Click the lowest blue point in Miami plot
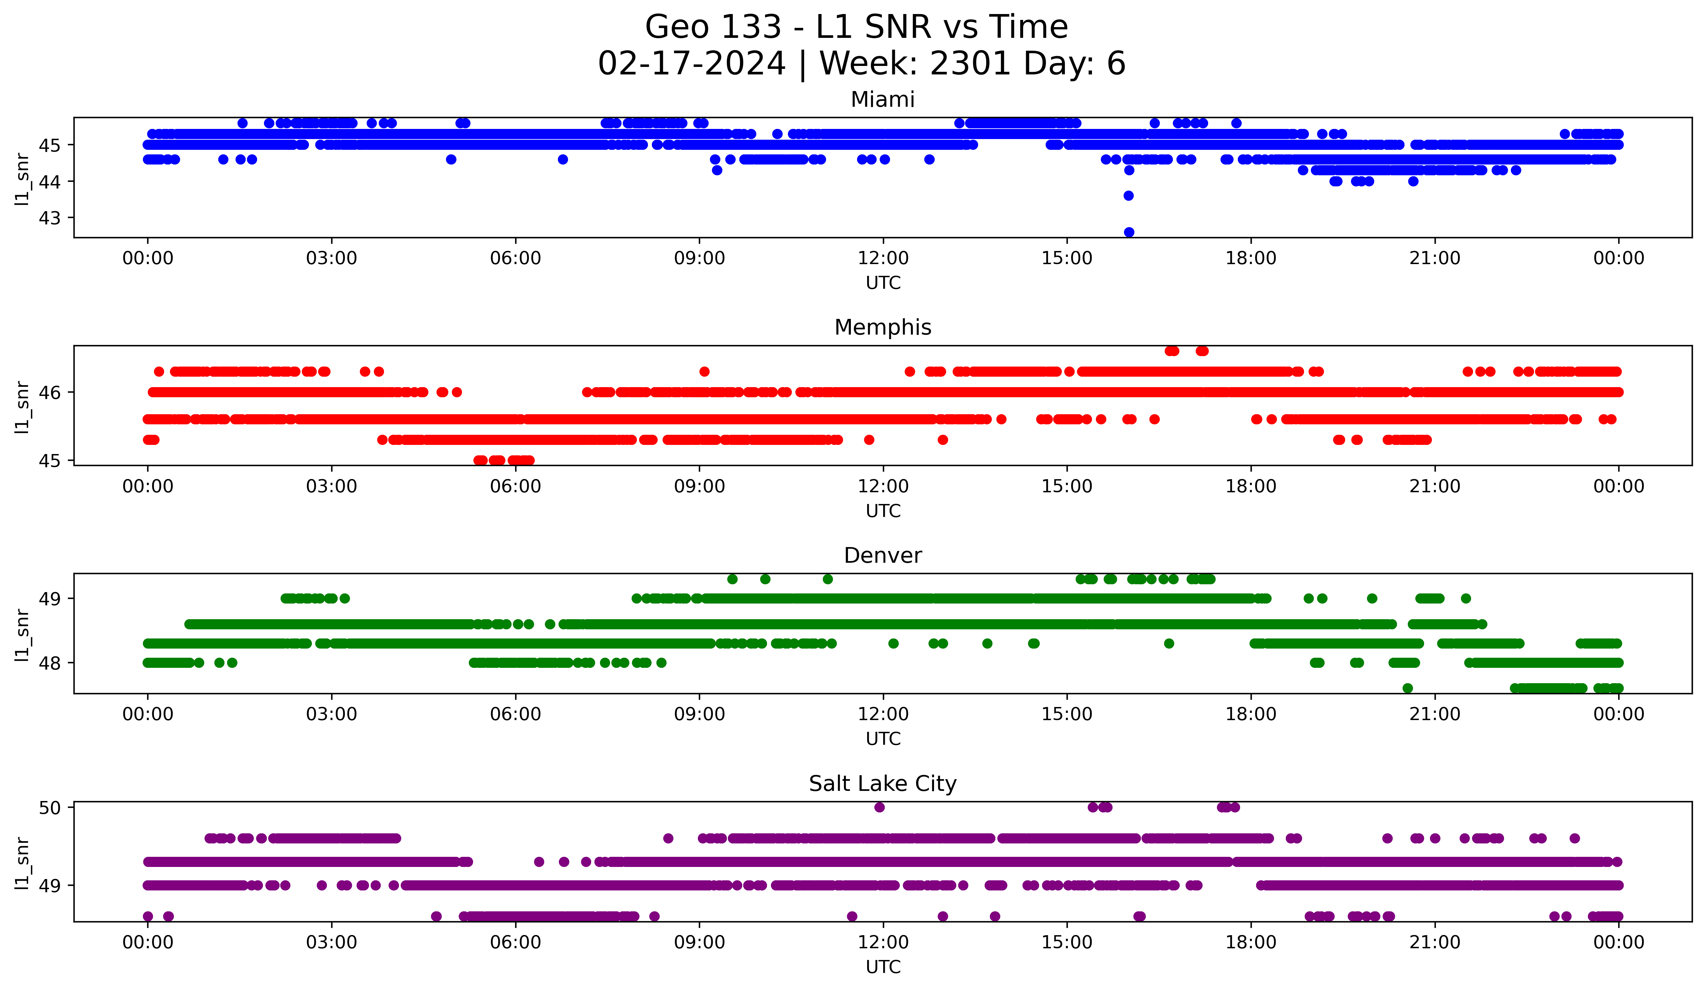1129,232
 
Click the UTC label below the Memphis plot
883,511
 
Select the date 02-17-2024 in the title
691,64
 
